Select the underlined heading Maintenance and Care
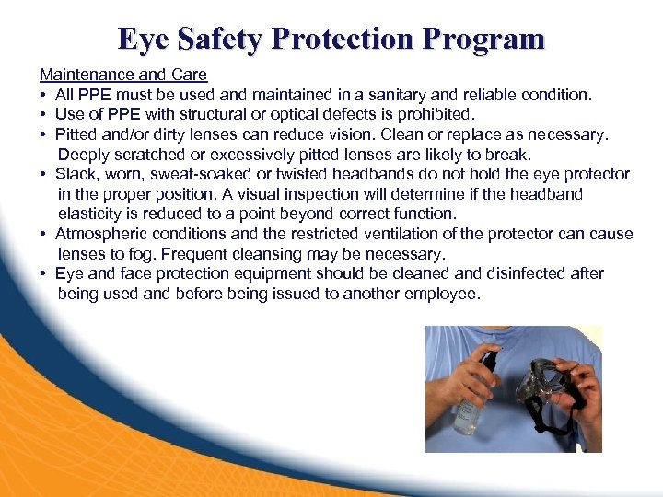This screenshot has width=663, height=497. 123,75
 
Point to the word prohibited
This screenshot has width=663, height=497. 436,114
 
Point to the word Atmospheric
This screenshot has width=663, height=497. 99,234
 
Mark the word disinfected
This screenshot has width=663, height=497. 530,273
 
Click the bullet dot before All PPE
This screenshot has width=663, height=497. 43,95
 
